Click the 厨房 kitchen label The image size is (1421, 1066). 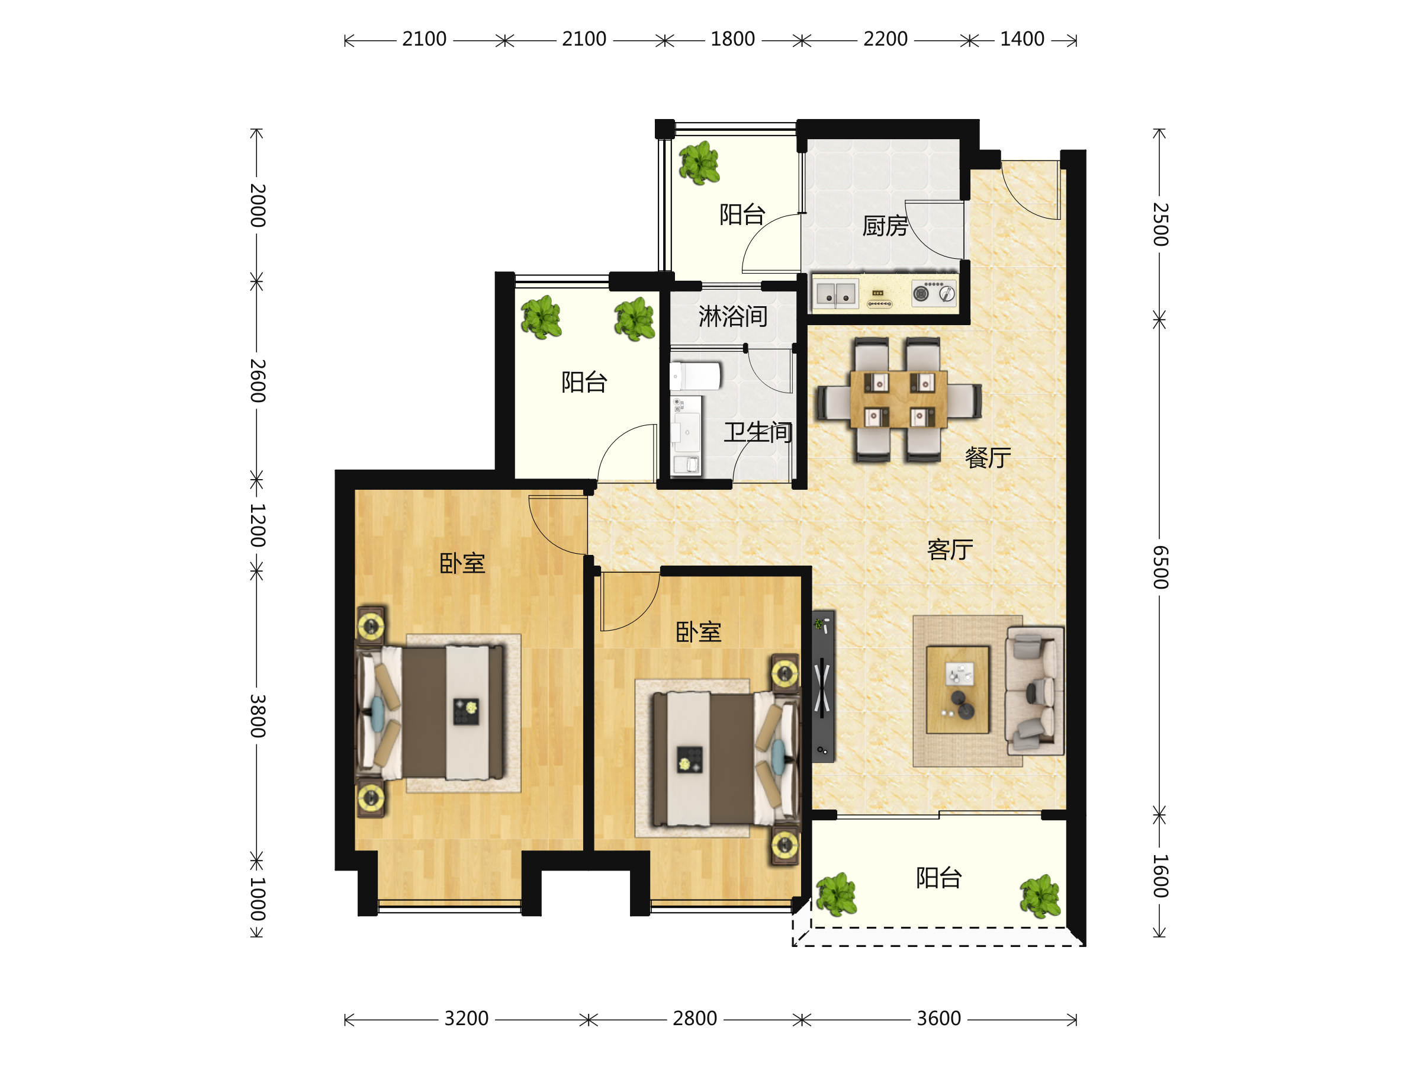click(x=885, y=226)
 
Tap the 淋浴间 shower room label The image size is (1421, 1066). click(x=733, y=316)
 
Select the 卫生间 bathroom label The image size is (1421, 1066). click(x=758, y=432)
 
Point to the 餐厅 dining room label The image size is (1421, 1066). click(x=988, y=458)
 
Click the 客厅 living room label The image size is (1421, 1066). click(x=950, y=550)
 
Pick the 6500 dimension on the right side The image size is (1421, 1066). click(x=1159, y=567)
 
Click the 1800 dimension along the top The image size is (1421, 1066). click(x=732, y=39)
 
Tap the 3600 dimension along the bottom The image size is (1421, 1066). click(x=938, y=1019)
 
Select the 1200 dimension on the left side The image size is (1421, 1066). click(x=258, y=525)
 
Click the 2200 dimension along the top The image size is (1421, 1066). click(x=885, y=39)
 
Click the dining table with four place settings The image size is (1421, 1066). click(x=898, y=399)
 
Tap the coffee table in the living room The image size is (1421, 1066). click(x=957, y=689)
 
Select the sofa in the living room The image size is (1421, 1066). click(x=1035, y=691)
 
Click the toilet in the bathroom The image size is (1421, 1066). click(x=695, y=376)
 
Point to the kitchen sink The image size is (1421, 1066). click(x=837, y=294)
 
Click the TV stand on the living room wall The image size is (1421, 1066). click(x=823, y=686)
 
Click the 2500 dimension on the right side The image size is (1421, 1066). click(x=1159, y=224)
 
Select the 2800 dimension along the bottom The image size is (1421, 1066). click(x=695, y=1019)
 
